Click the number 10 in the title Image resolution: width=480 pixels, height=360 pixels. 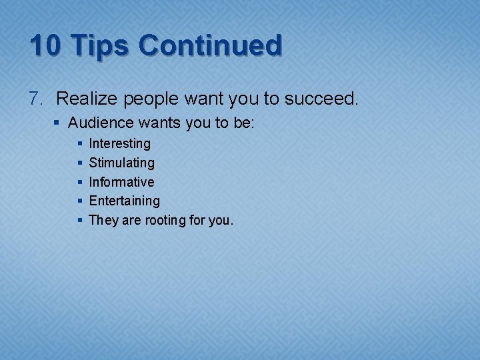(x=46, y=45)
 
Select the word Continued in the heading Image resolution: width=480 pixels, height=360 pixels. (x=210, y=45)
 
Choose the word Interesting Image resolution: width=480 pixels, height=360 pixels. (x=120, y=144)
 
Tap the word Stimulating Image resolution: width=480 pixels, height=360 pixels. (x=121, y=163)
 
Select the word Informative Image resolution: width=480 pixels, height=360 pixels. (x=121, y=182)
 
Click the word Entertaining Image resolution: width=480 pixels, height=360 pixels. (x=124, y=201)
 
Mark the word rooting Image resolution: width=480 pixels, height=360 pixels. (x=157, y=221)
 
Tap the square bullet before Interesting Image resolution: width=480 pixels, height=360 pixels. (x=80, y=144)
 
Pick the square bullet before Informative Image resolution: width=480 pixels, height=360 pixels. (x=80, y=182)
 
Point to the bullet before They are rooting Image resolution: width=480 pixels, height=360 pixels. (x=80, y=220)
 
